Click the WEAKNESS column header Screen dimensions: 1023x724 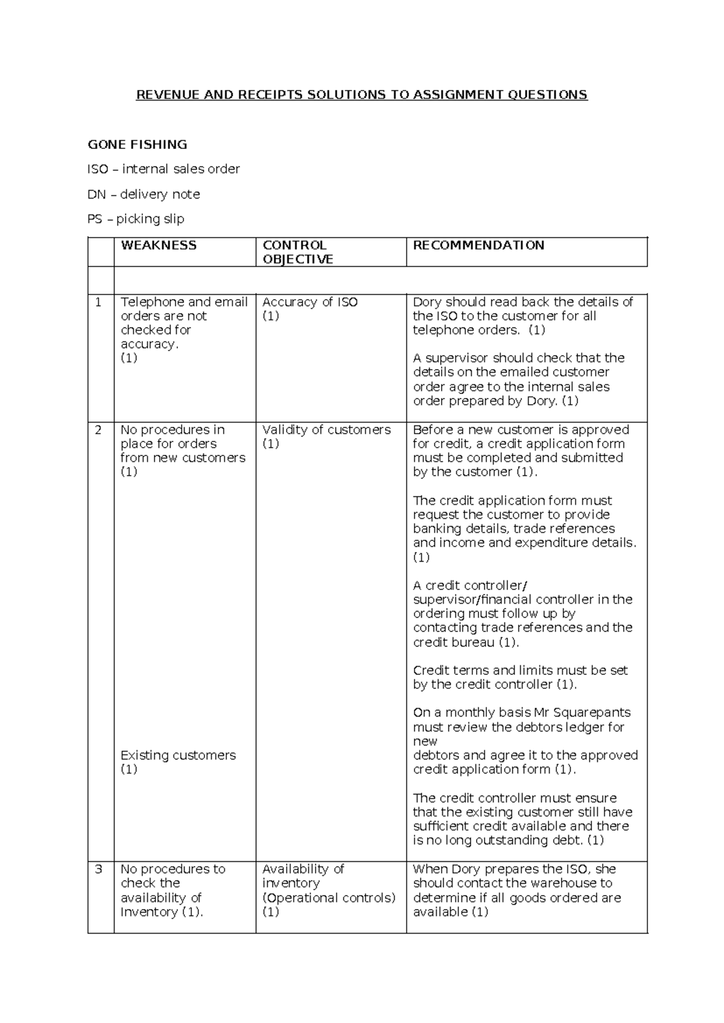point(159,245)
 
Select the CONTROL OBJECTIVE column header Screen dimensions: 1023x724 point(297,252)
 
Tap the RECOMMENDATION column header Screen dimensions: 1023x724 point(478,245)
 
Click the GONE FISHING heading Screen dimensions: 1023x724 point(138,144)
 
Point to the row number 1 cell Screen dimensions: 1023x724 point(99,302)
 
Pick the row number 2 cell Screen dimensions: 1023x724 point(99,430)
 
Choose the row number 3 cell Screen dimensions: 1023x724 point(99,869)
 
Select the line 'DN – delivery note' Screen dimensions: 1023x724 point(144,194)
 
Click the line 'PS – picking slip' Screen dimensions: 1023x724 point(136,219)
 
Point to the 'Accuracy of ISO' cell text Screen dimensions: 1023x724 point(310,302)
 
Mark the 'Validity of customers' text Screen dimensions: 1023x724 point(326,430)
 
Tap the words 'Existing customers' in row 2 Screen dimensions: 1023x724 point(178,755)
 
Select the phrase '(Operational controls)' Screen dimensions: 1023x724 point(329,898)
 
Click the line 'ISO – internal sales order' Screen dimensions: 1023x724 point(164,169)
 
